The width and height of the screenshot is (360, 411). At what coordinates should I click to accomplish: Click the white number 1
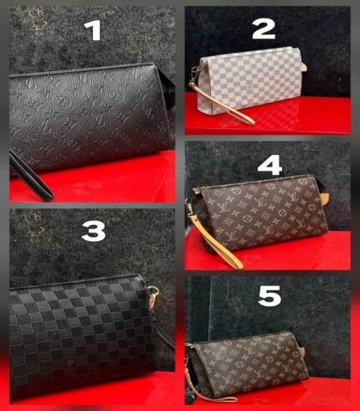[93, 31]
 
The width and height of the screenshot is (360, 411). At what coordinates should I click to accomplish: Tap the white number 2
[264, 30]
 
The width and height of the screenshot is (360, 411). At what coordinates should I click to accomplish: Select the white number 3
[94, 232]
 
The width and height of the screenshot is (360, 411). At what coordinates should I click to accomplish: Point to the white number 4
[270, 167]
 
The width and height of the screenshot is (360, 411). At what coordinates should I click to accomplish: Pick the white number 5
[270, 296]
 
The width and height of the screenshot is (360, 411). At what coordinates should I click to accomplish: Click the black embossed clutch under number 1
[90, 117]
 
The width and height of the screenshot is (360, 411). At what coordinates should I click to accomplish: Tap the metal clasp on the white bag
[195, 74]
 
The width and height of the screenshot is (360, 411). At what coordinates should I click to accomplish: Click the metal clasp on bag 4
[190, 208]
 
